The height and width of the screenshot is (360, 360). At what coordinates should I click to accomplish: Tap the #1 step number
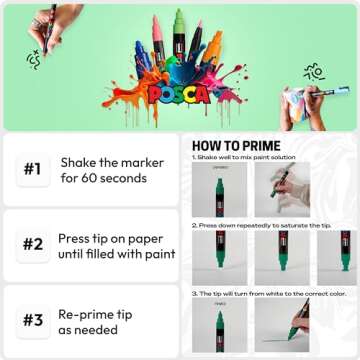[31, 170]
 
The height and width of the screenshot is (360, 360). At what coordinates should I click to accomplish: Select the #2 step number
[31, 243]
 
